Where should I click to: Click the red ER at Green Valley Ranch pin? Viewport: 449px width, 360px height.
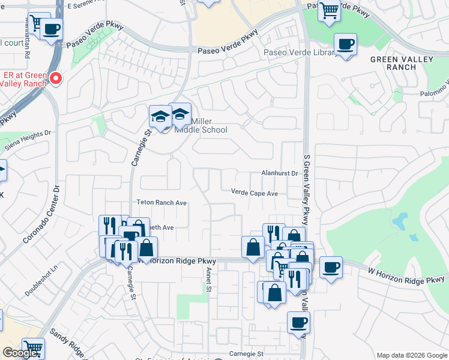coord(55,78)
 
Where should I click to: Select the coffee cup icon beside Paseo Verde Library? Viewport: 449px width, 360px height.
coord(345,44)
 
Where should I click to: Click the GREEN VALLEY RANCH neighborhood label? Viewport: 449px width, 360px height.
coord(393,63)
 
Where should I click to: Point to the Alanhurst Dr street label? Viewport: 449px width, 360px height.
coord(279,173)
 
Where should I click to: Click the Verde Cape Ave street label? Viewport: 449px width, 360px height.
coord(255,193)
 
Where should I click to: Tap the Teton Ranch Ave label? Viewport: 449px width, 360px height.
coord(161,203)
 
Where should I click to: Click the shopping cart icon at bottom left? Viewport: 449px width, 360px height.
coord(33,348)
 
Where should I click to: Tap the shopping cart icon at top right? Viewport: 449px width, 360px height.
coord(329,10)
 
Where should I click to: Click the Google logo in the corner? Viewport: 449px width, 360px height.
coord(19,353)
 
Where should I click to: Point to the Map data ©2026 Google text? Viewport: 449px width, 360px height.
coord(412,355)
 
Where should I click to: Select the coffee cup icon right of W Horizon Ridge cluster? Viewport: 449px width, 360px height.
coord(330,266)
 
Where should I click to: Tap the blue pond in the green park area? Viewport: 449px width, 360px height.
coord(399,224)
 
